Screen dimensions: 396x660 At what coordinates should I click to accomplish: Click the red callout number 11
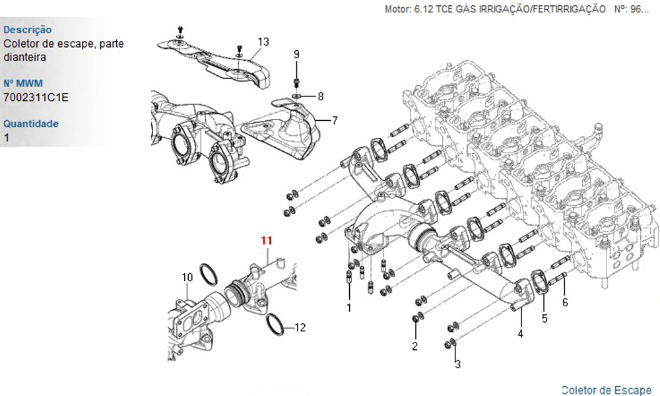(266, 241)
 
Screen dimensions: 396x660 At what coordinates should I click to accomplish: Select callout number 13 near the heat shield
(263, 42)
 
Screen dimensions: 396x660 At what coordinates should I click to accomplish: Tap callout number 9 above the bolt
(296, 54)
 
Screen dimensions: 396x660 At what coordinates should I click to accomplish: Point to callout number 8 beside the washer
(321, 96)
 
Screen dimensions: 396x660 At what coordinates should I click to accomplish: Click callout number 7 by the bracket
(335, 121)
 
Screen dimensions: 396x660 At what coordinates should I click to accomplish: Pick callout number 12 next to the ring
(300, 327)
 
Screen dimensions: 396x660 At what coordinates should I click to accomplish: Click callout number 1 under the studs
(349, 307)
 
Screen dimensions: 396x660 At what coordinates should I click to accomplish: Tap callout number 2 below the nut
(415, 346)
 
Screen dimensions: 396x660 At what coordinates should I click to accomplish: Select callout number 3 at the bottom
(457, 364)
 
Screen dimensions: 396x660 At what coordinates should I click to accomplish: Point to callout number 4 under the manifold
(520, 334)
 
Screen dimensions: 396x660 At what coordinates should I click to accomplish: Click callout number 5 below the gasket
(544, 318)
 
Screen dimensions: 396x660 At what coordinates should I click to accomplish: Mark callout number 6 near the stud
(565, 302)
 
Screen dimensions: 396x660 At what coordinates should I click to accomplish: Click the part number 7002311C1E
(36, 98)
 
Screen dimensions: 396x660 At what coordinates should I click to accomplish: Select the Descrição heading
(28, 30)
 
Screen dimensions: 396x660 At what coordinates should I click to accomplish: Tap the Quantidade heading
(31, 123)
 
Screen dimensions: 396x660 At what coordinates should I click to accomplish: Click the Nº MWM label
(22, 84)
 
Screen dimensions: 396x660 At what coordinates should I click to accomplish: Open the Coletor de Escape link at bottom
(606, 389)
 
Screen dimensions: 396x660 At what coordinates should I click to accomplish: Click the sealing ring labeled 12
(276, 323)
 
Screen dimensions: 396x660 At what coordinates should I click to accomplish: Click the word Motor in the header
(397, 9)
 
